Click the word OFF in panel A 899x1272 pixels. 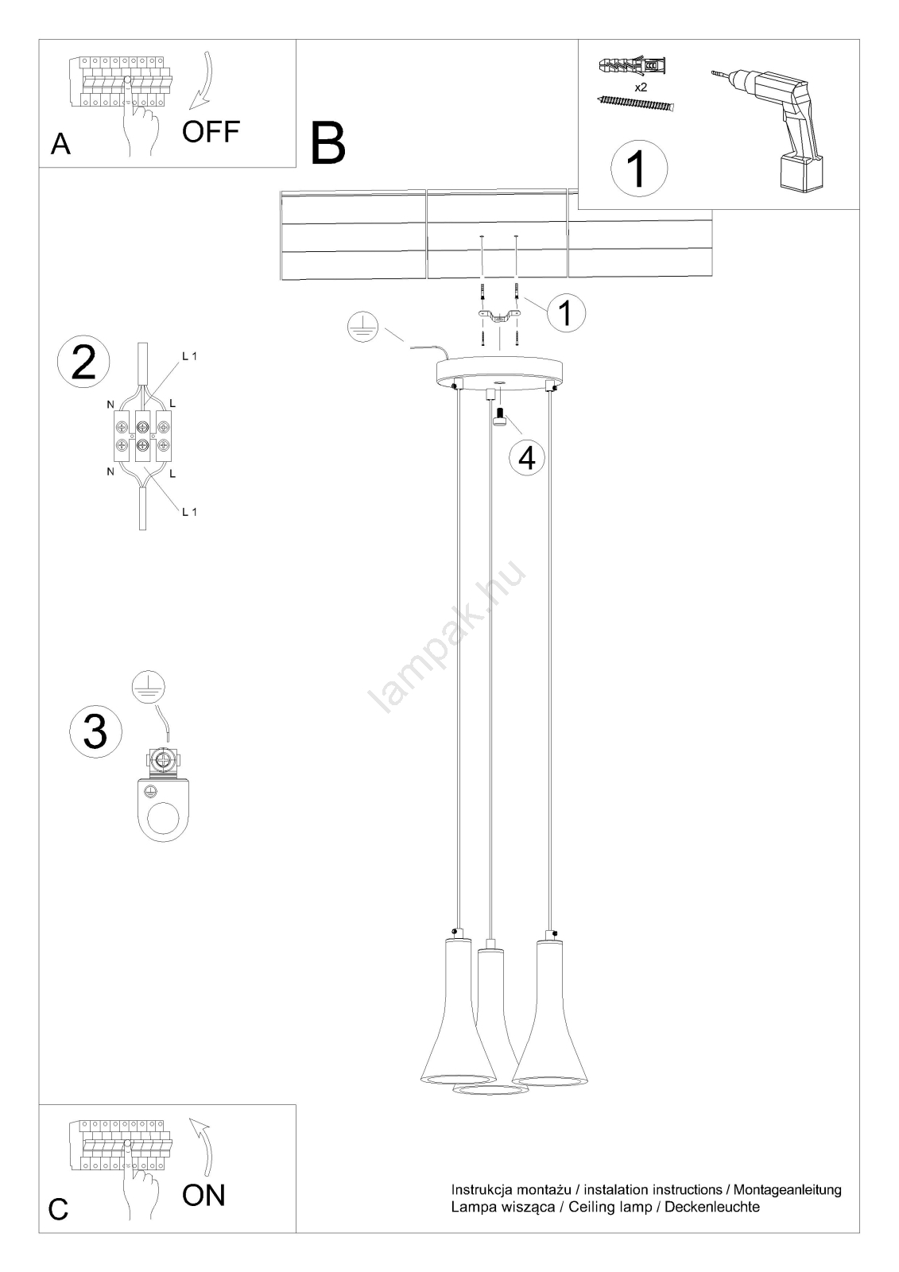pyautogui.click(x=211, y=132)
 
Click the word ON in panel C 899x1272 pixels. pyautogui.click(x=203, y=1195)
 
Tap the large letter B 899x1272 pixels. pyautogui.click(x=327, y=144)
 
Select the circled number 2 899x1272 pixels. pyautogui.click(x=84, y=363)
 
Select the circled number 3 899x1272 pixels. pyautogui.click(x=95, y=731)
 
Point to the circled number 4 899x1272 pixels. pyautogui.click(x=527, y=458)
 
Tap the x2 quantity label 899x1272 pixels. pyautogui.click(x=641, y=87)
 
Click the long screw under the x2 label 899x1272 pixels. pyautogui.click(x=636, y=103)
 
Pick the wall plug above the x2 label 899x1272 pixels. pyautogui.click(x=632, y=67)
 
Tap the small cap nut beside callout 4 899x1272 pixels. pyautogui.click(x=500, y=417)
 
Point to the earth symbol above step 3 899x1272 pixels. pyautogui.click(x=148, y=686)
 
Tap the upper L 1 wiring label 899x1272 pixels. pyautogui.click(x=190, y=357)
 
